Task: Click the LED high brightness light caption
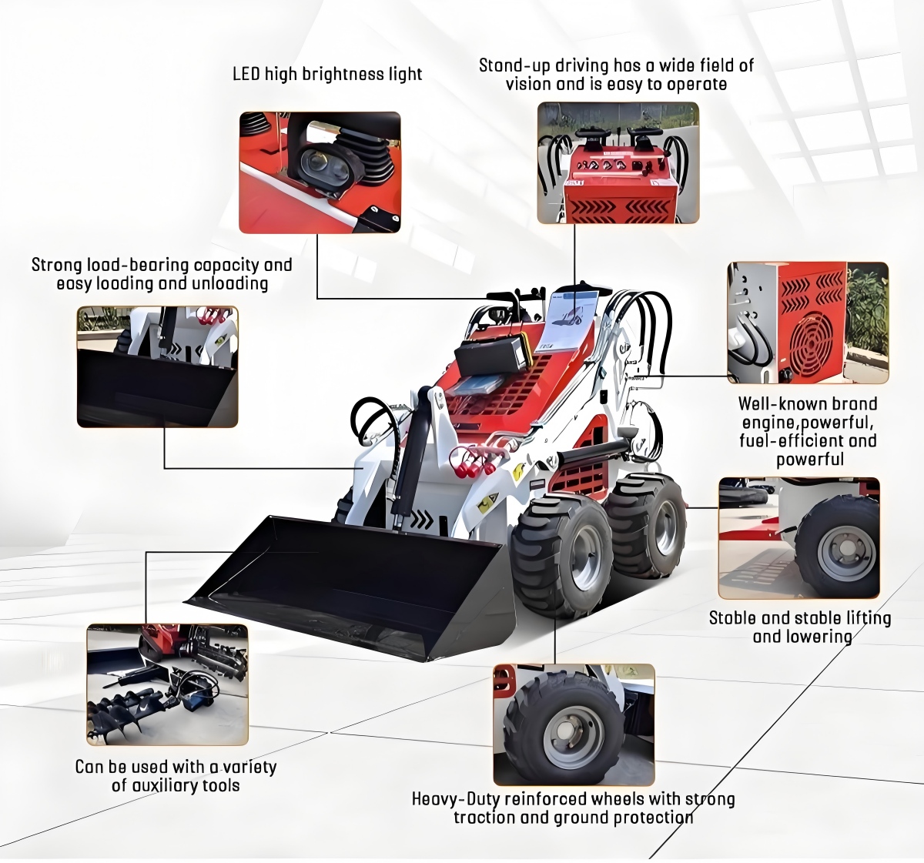[327, 74]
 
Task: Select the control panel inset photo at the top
[618, 163]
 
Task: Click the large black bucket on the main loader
[346, 585]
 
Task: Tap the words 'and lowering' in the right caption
[802, 637]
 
